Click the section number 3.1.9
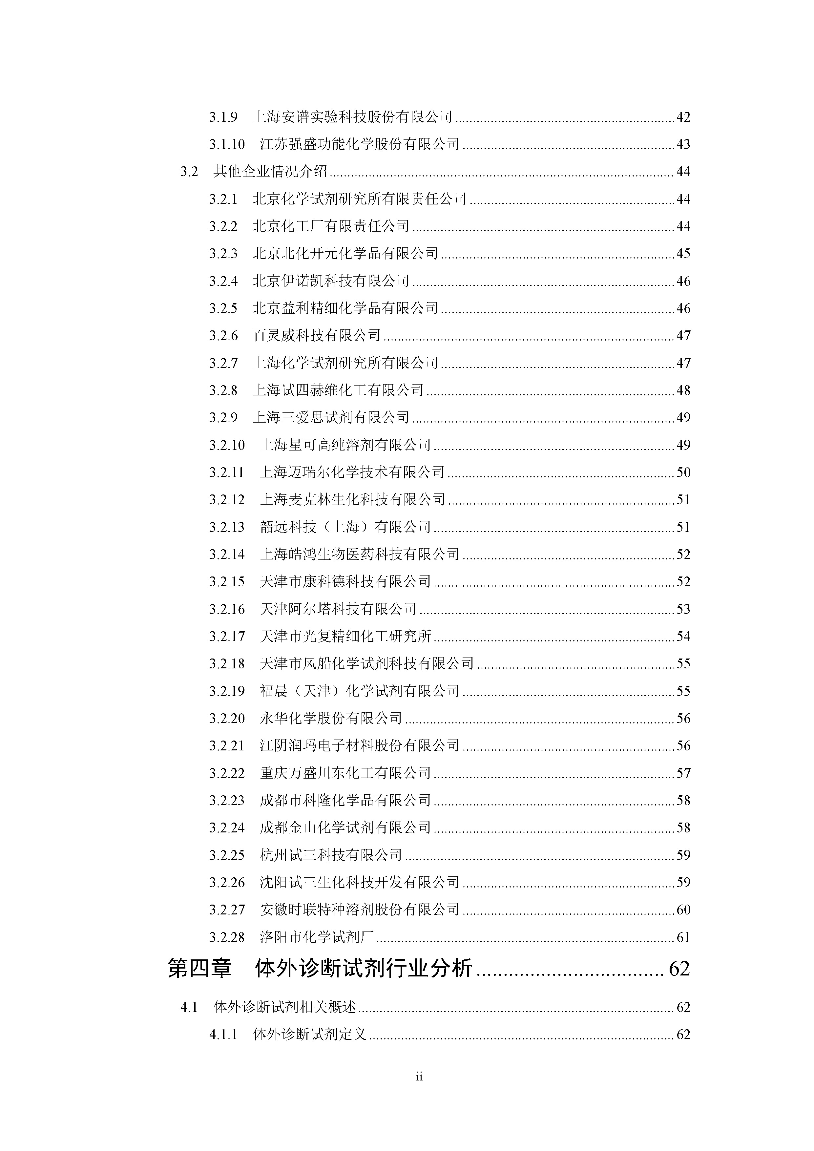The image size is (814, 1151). pyautogui.click(x=223, y=117)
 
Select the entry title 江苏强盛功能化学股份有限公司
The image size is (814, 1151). pyautogui.click(x=359, y=144)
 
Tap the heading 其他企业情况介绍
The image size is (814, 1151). pyautogui.click(x=270, y=172)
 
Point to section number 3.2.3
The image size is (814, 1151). pyautogui.click(x=223, y=254)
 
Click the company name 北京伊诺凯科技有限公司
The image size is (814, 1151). pyautogui.click(x=331, y=281)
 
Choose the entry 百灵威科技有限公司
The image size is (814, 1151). pyautogui.click(x=317, y=335)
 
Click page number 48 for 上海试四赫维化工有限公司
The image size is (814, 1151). pyautogui.click(x=683, y=390)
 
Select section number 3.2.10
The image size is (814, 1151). pyautogui.click(x=227, y=445)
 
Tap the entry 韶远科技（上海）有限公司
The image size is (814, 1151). pyautogui.click(x=345, y=527)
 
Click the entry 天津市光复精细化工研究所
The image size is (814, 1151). pyautogui.click(x=345, y=637)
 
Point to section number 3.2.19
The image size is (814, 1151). pyautogui.click(x=227, y=691)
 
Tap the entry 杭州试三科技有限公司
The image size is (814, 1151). pyautogui.click(x=331, y=855)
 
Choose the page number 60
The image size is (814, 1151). pyautogui.click(x=683, y=910)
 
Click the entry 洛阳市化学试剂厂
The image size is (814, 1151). pyautogui.click(x=317, y=937)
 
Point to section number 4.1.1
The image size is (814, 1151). pyautogui.click(x=223, y=1035)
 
